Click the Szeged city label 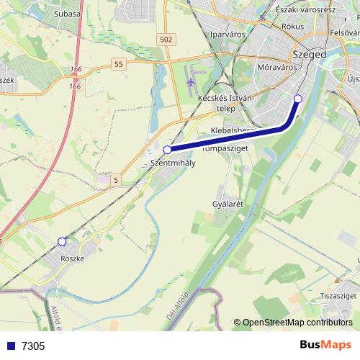pos(310,54)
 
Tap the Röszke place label pos(73,258)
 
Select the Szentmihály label pos(173,163)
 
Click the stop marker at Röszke pos(62,242)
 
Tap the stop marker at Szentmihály pos(168,150)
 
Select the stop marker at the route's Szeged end pos(298,99)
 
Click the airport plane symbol pos(190,81)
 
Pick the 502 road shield pos(167,40)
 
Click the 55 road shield pos(119,64)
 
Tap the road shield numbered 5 pos(115,181)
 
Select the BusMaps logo pos(325,345)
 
